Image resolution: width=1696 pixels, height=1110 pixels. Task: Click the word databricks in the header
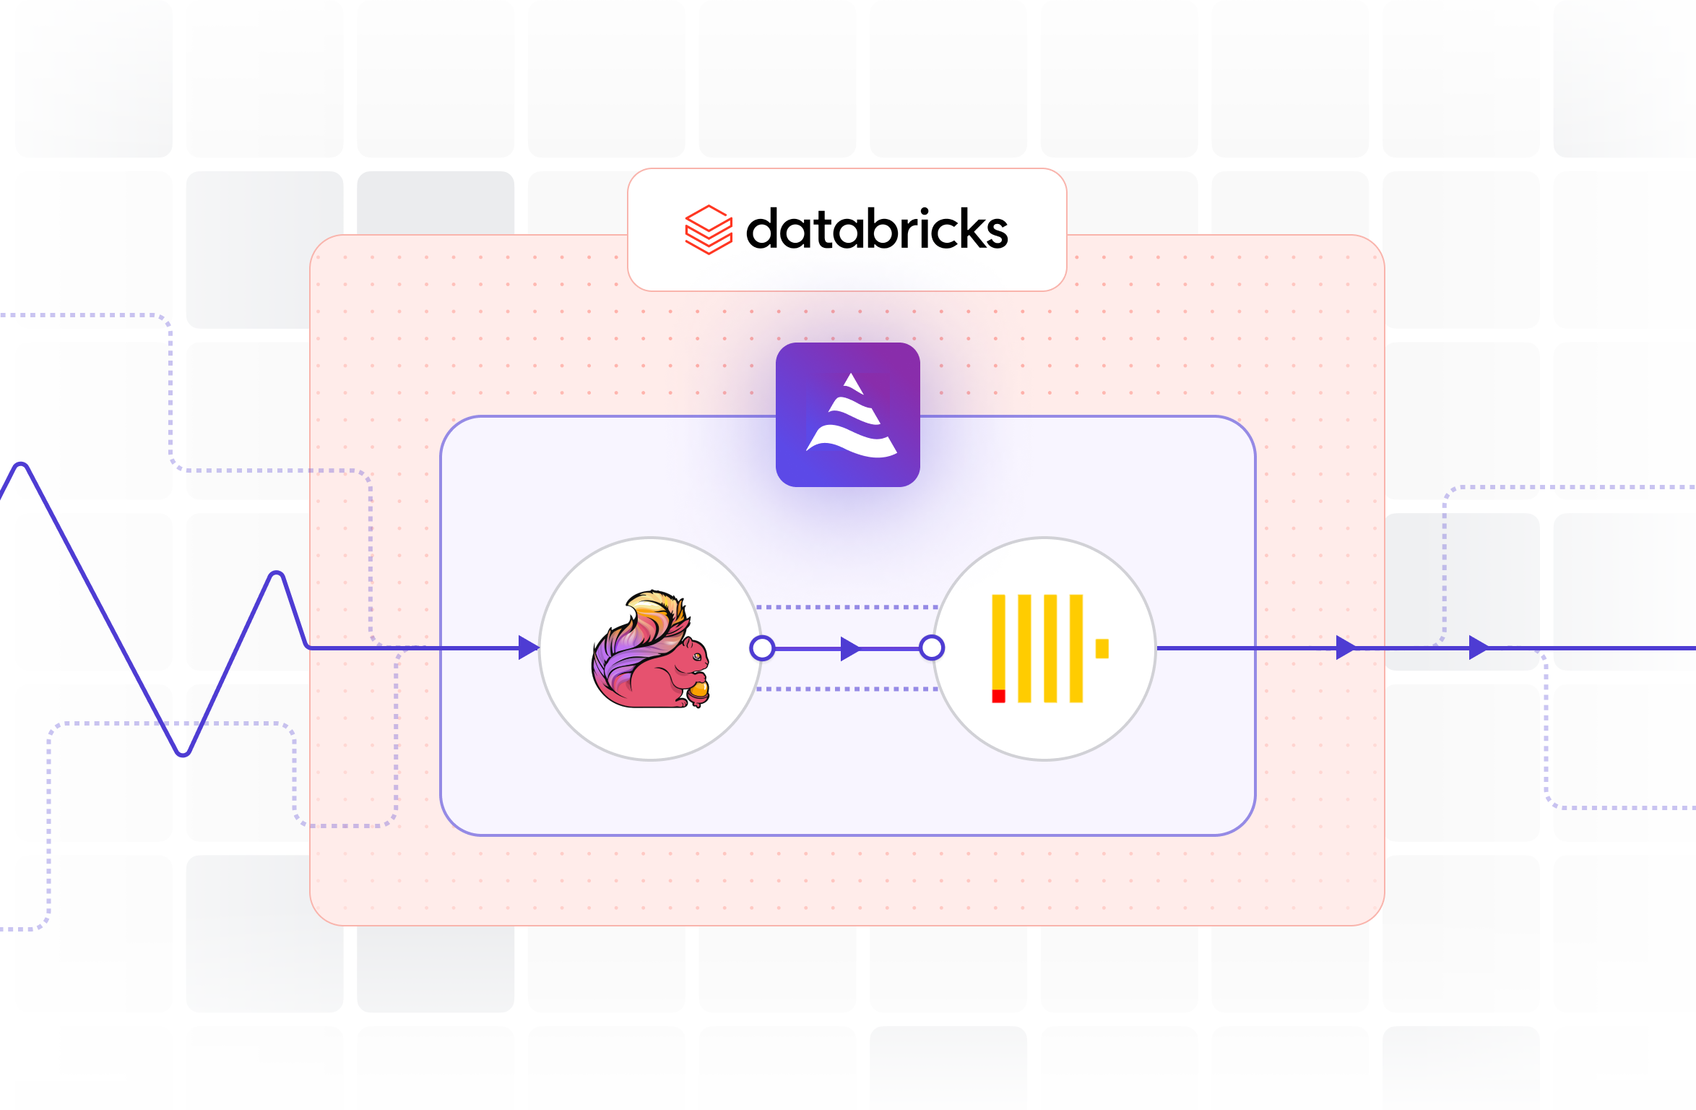(x=876, y=230)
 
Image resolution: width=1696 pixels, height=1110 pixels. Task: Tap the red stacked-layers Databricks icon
(x=708, y=230)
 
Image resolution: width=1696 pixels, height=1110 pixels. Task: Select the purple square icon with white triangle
(x=847, y=415)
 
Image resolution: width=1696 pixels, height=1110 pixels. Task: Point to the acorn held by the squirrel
(x=698, y=691)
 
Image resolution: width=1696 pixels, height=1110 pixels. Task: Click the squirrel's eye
(x=696, y=656)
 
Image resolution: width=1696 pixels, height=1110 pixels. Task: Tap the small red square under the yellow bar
(x=998, y=696)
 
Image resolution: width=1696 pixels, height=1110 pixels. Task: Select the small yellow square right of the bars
(x=1102, y=648)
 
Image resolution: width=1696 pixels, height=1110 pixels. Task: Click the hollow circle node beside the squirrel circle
(x=762, y=648)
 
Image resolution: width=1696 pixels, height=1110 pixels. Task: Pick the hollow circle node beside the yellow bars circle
(x=932, y=648)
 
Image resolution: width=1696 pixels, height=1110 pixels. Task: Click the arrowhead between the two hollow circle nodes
(x=850, y=648)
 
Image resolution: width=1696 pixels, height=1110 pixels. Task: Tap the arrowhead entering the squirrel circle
(x=528, y=647)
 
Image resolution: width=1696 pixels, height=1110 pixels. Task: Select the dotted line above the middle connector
(x=847, y=608)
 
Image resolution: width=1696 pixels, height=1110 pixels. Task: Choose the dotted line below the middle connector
(x=847, y=689)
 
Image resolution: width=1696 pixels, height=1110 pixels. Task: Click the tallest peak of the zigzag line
(x=22, y=466)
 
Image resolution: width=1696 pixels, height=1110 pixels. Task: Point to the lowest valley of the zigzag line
(x=183, y=752)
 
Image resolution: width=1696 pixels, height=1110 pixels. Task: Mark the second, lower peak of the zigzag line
(x=277, y=576)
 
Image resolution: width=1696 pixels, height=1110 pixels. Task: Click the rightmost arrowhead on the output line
(x=1479, y=647)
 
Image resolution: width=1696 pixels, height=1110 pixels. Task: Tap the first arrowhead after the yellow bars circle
(x=1345, y=647)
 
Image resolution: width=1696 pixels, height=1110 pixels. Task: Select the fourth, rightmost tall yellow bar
(x=1076, y=648)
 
